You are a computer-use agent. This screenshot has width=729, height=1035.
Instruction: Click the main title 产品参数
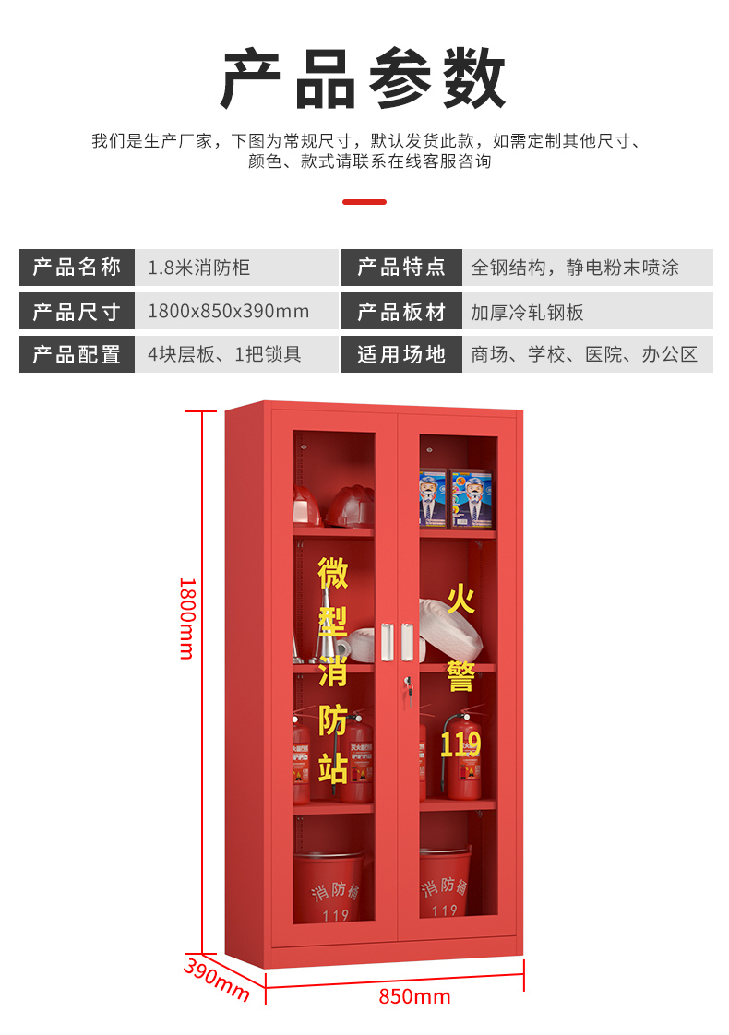tap(364, 79)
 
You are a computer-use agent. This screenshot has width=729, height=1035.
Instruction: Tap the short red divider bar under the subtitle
tap(364, 201)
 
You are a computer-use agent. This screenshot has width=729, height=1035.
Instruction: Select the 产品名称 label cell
tap(77, 268)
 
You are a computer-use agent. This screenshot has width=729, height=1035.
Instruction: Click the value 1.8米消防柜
tap(198, 268)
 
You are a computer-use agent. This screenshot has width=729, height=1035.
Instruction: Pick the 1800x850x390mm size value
tap(228, 311)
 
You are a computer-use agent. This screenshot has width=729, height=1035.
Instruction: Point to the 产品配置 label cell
tap(77, 354)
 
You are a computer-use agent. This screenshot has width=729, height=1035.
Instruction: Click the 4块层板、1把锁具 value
tap(224, 354)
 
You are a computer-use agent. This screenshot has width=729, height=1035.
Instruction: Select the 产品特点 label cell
tap(401, 268)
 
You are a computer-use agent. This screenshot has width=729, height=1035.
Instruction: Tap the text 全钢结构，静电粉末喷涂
tap(574, 268)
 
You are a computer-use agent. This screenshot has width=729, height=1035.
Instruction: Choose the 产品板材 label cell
tap(401, 311)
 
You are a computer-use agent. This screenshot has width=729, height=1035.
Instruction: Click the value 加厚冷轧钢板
tap(527, 312)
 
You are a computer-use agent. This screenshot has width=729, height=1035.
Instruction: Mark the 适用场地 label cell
tap(401, 354)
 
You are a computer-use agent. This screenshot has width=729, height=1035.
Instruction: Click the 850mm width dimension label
tap(414, 996)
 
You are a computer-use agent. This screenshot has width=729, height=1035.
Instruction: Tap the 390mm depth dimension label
tap(217, 980)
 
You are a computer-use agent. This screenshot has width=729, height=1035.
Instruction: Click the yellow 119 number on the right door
tap(460, 744)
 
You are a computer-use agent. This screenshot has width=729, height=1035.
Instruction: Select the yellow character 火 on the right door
tap(460, 600)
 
